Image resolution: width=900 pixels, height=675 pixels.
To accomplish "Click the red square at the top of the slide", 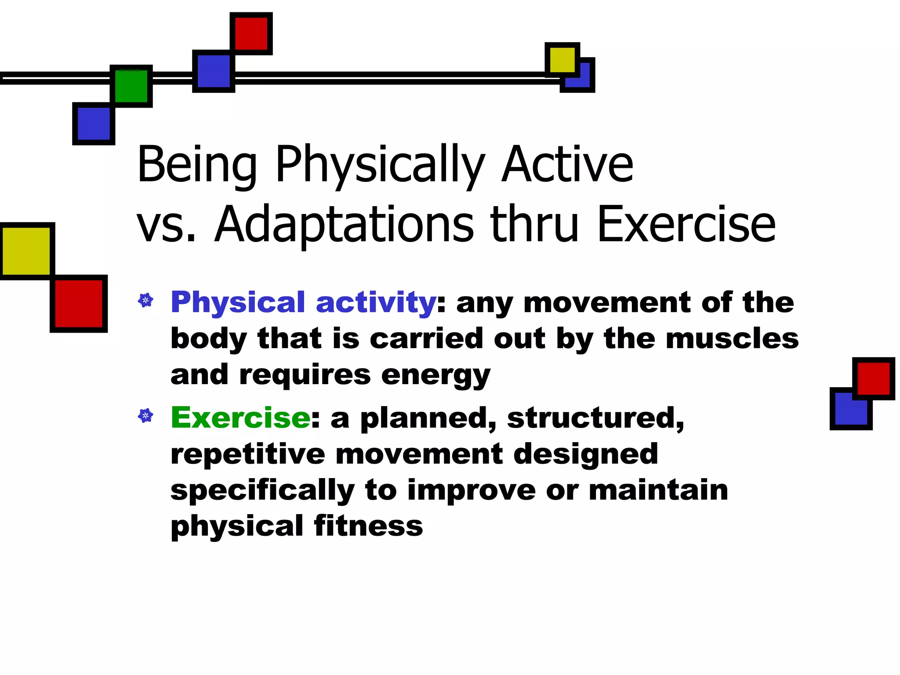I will (251, 33).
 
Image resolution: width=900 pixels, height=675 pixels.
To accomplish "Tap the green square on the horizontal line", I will (131, 86).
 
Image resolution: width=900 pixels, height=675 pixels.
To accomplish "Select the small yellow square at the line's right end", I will (562, 60).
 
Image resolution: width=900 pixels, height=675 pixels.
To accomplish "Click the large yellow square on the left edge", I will (26, 251).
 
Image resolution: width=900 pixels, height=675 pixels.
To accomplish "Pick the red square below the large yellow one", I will (79, 304).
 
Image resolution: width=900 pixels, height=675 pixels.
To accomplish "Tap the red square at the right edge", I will (873, 378).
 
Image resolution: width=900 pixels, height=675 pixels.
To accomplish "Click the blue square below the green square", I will (94, 123).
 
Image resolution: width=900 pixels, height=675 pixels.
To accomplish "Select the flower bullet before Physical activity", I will (145, 301).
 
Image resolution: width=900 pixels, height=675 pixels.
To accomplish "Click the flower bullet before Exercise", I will (145, 415).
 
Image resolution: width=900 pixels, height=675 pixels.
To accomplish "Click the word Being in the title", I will (197, 165).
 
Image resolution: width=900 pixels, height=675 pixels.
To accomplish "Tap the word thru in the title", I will (534, 225).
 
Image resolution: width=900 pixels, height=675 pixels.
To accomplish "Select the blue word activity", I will (376, 303).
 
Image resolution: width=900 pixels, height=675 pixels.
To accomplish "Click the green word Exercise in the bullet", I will (241, 417).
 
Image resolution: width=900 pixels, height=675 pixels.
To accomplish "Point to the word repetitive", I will (247, 454).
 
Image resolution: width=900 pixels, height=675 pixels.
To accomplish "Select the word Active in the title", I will (567, 165).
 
